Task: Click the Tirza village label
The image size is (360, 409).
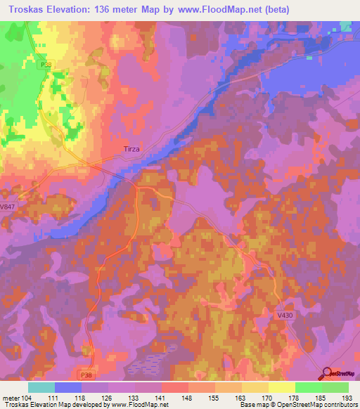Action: click(x=132, y=149)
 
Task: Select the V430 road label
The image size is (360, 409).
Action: click(x=285, y=316)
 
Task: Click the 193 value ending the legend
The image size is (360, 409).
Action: click(x=348, y=398)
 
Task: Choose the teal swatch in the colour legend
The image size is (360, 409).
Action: click(x=41, y=387)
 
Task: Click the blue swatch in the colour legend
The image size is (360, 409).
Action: click(x=68, y=387)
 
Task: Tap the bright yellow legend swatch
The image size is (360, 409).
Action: click(x=282, y=387)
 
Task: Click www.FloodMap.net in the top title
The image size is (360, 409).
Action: click(x=219, y=9)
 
